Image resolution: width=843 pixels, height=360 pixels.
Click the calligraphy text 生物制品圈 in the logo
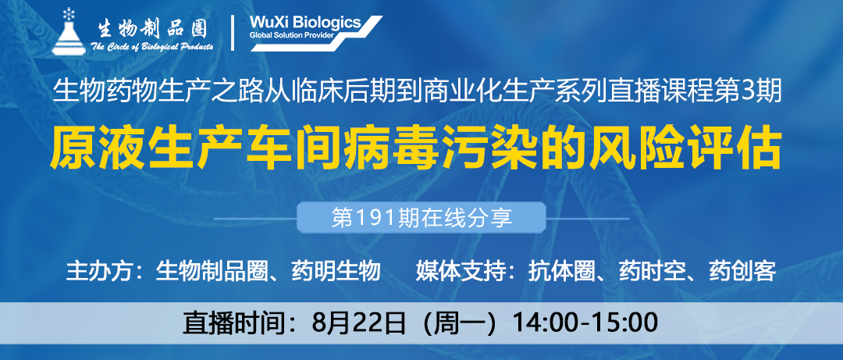pyautogui.click(x=153, y=29)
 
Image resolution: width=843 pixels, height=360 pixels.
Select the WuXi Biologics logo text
pyautogui.click(x=305, y=23)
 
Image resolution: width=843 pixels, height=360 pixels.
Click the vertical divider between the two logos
pyautogui.click(x=233, y=33)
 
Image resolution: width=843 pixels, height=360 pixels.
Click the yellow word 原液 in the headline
pyautogui.click(x=87, y=144)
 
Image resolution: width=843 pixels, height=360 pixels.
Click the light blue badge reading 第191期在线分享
pyautogui.click(x=421, y=217)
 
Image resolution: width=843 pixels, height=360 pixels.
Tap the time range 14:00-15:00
pyautogui.click(x=585, y=323)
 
